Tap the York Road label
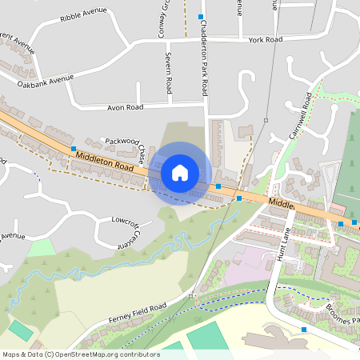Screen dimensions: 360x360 click(x=266, y=39)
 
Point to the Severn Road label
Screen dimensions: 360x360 click(x=169, y=73)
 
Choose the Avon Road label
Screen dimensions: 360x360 click(x=125, y=106)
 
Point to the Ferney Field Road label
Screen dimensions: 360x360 click(x=138, y=314)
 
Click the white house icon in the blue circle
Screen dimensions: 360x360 click(x=180, y=172)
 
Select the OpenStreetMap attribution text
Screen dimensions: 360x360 click(x=81, y=354)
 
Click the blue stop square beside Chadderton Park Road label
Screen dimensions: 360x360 click(x=200, y=16)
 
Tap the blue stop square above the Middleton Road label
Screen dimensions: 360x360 click(x=74, y=149)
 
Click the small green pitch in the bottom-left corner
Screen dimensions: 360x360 click(x=19, y=330)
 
